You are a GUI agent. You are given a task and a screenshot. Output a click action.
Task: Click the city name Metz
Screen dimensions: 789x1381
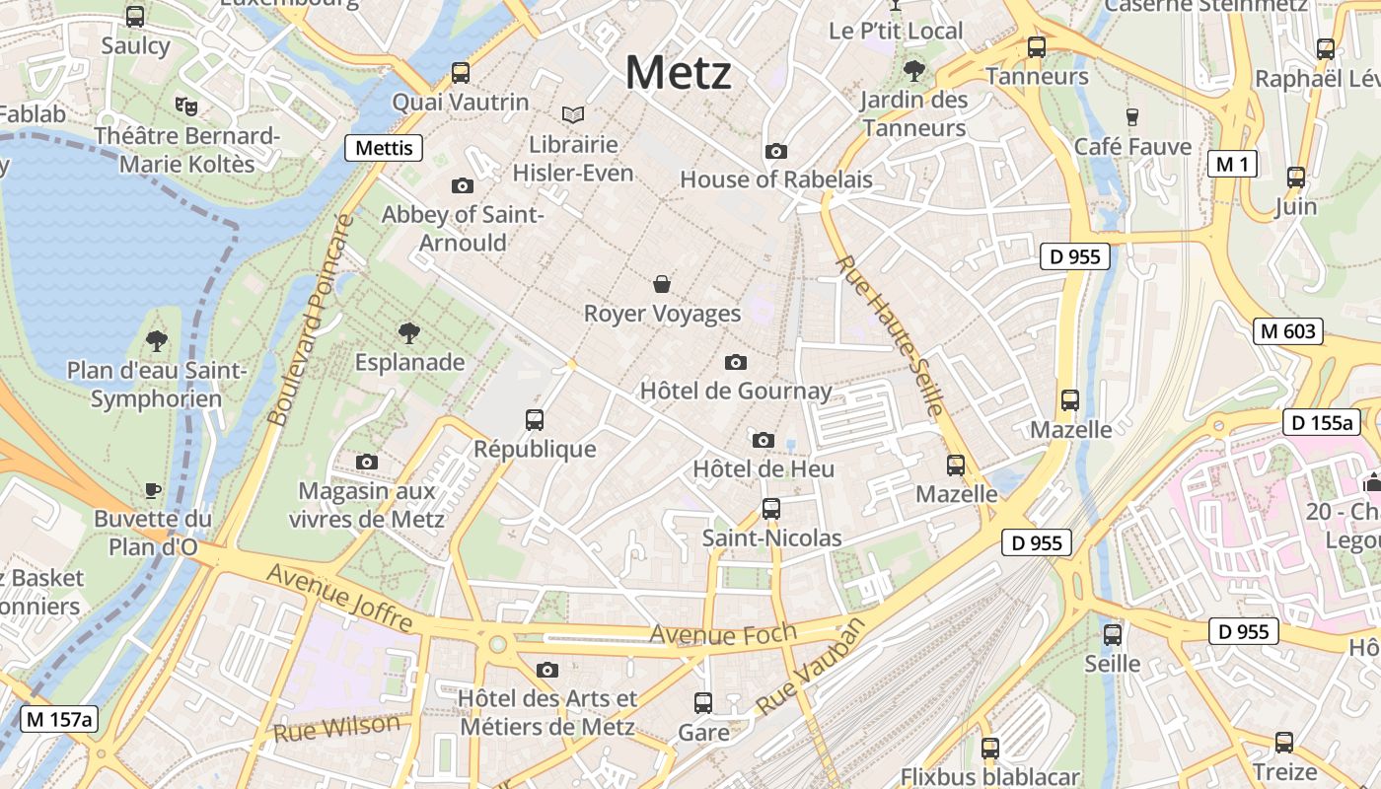pos(679,73)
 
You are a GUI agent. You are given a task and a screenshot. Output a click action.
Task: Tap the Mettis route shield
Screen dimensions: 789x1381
pos(384,148)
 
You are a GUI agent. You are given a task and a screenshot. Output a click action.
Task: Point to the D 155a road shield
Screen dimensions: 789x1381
pos(1322,423)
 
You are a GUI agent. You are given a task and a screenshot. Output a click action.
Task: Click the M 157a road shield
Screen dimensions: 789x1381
pos(59,720)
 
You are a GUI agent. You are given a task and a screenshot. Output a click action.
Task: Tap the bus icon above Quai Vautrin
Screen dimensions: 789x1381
pos(461,72)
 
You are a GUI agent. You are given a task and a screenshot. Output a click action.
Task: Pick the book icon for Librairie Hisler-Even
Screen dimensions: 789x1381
pos(572,115)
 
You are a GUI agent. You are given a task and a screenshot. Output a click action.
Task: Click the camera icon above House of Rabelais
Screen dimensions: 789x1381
pos(776,151)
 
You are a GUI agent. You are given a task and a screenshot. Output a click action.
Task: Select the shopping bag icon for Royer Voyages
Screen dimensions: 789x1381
pos(662,285)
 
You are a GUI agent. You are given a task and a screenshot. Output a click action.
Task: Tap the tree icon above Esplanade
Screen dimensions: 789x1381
pos(408,333)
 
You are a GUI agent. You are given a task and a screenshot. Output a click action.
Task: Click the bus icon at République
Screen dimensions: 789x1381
pos(535,420)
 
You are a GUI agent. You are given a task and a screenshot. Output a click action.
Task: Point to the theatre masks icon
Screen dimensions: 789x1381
pos(184,105)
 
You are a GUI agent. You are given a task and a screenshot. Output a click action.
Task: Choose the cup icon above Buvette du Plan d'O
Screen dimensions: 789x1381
pos(153,489)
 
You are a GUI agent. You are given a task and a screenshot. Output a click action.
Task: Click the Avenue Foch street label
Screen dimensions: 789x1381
pos(722,633)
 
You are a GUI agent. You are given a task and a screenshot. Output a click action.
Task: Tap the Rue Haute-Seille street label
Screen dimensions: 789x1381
pos(891,335)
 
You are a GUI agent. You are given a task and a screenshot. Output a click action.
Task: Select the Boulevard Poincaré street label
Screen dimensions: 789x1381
pos(310,321)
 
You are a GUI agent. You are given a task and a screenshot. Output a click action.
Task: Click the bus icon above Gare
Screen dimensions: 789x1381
pos(703,703)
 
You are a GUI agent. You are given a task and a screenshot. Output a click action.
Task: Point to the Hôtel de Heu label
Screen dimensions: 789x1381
pos(763,468)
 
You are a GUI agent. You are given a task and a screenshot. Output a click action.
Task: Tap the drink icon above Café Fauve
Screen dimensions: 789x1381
pos(1132,116)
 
